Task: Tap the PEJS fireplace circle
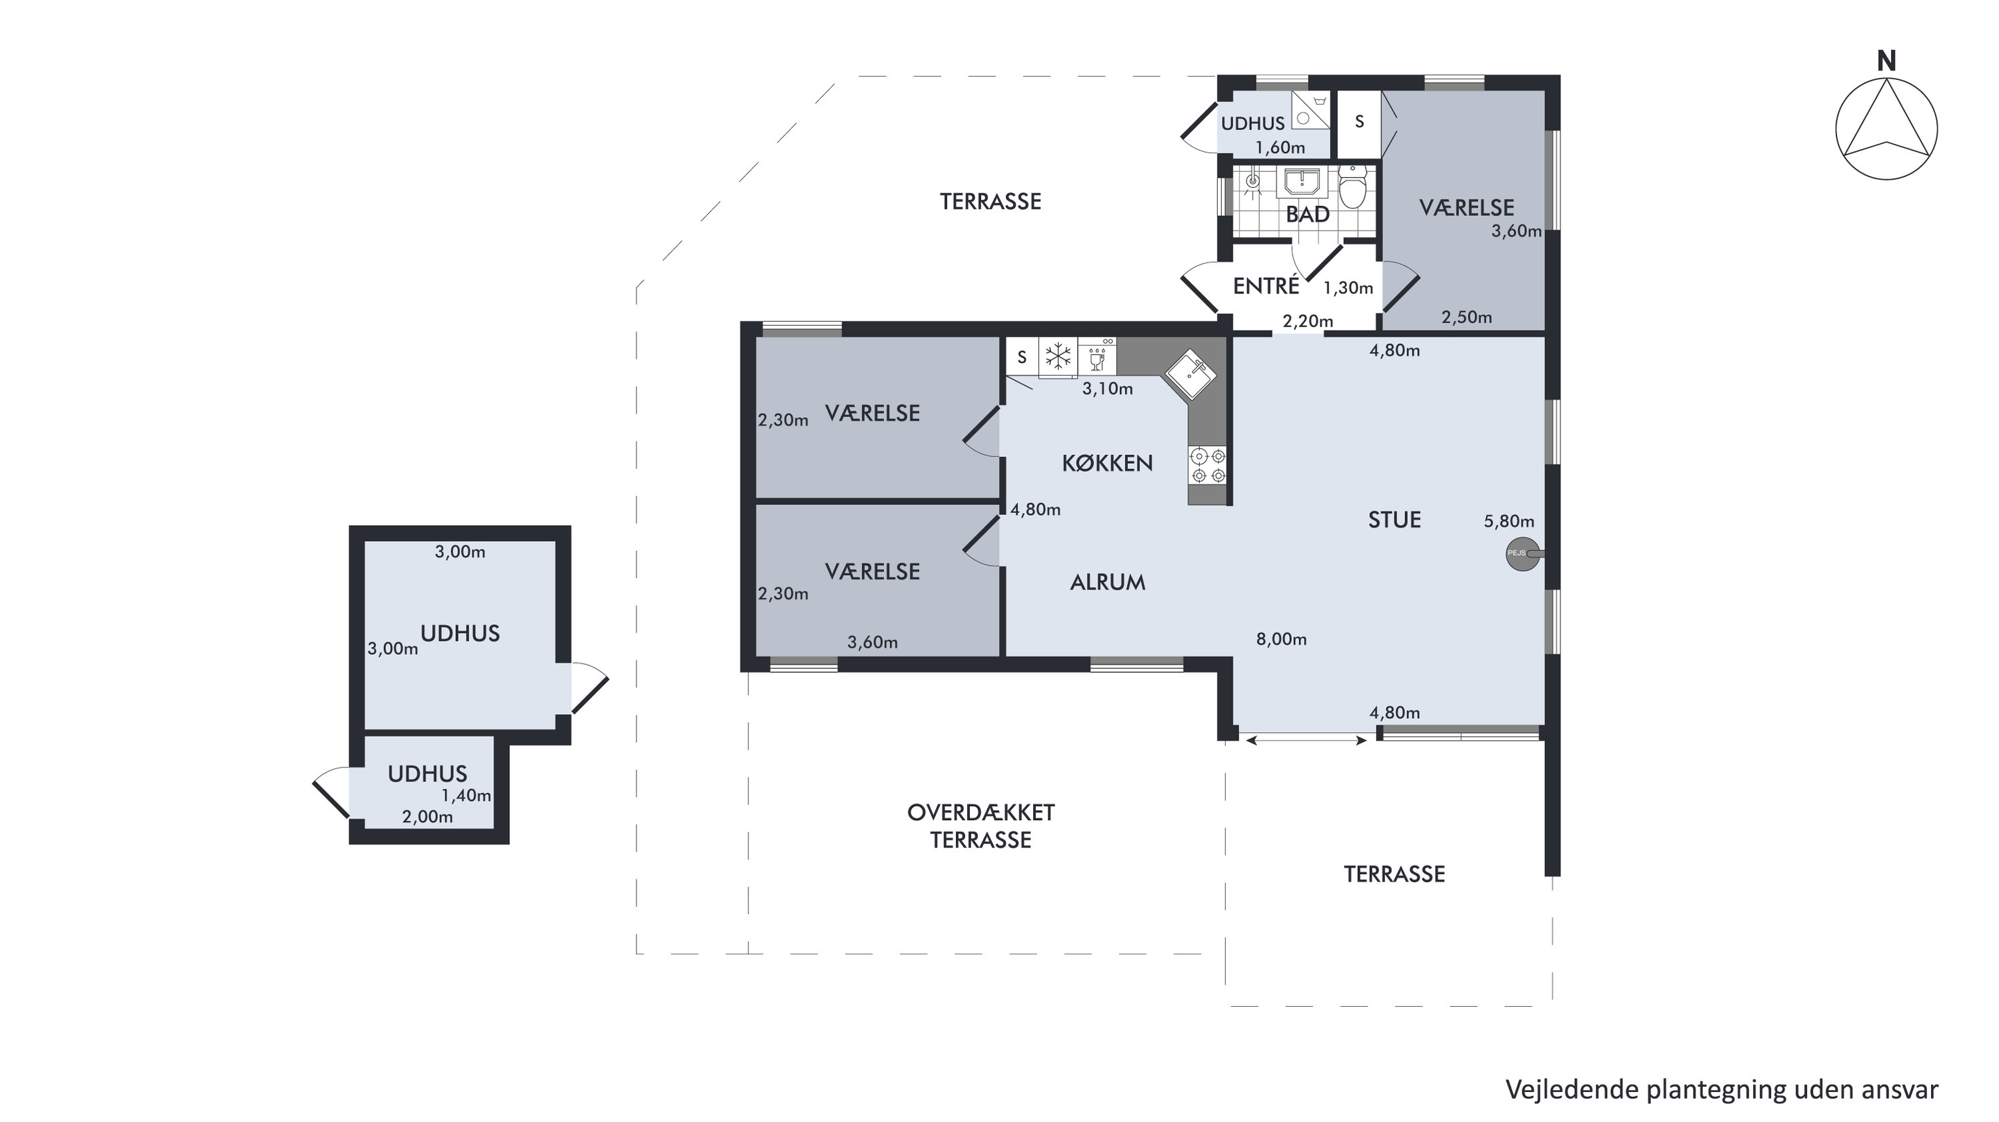(1522, 554)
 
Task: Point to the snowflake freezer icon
(1058, 357)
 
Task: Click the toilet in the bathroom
(1352, 187)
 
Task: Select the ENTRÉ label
(1266, 286)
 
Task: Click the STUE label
(1394, 520)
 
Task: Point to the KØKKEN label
(1107, 463)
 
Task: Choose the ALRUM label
(1107, 582)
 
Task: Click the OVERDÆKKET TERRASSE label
(981, 826)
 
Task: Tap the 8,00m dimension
(1281, 640)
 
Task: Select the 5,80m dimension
(1508, 522)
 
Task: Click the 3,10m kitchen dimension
(1107, 388)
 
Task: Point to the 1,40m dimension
(466, 796)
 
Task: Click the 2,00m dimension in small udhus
(427, 816)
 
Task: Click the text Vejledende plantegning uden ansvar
(1722, 1089)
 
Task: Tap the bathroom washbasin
(1301, 183)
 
